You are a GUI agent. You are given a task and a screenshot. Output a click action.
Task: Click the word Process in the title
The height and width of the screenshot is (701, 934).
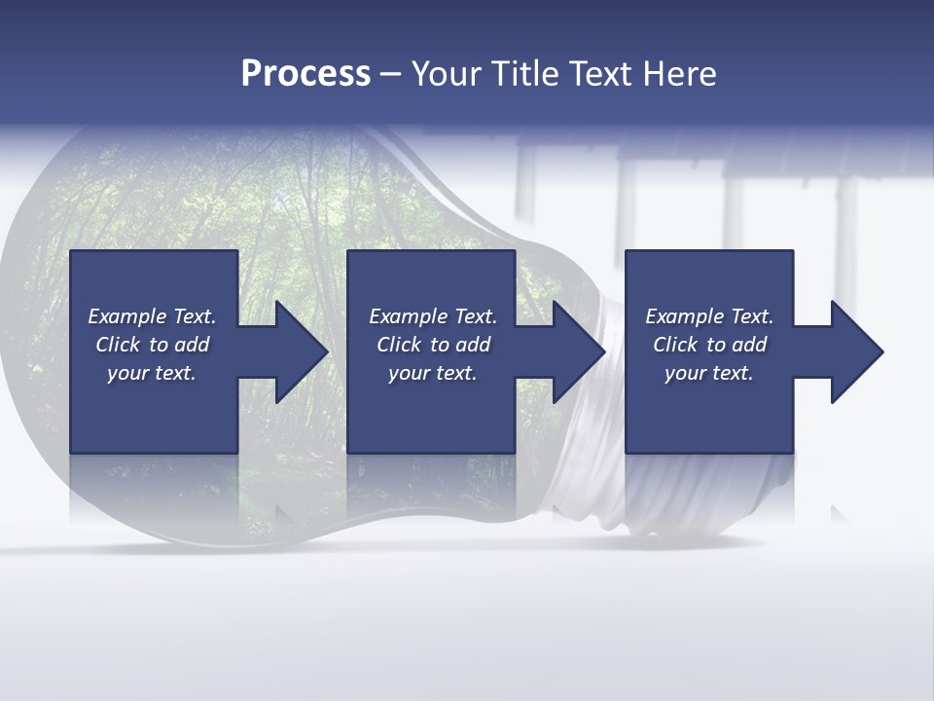coord(305,73)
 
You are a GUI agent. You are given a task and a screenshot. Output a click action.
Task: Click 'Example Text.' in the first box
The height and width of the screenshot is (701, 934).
coord(152,316)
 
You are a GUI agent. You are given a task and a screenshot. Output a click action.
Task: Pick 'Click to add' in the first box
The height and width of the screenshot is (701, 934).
coord(152,345)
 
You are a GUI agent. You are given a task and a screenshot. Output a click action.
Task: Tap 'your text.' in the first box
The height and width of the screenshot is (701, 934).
coord(152,373)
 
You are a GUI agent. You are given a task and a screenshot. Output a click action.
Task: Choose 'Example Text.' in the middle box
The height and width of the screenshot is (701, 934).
coord(433,316)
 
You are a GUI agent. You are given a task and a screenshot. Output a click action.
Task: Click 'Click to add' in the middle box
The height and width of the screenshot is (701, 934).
coord(433,345)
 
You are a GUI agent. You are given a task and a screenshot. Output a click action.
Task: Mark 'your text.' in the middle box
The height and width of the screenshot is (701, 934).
coord(433,373)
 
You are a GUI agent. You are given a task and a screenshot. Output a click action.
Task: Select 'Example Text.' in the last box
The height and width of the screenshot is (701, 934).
coord(709,316)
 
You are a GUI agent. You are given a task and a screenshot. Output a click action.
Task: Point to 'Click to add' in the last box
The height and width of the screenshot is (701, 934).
coord(709,345)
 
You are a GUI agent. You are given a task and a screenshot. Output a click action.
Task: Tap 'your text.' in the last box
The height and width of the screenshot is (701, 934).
coord(709,373)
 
